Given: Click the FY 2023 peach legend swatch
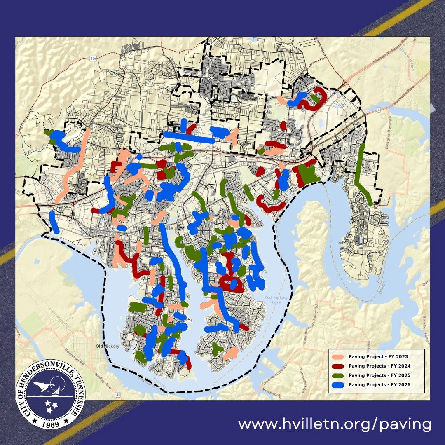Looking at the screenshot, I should [x=339, y=356].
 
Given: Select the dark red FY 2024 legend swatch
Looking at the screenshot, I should [x=339, y=366].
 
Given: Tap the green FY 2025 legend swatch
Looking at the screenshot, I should [x=339, y=375].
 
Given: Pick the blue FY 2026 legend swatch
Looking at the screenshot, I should [x=339, y=385].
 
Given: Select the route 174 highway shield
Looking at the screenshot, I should [x=93, y=59].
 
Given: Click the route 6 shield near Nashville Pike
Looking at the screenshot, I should [x=377, y=109].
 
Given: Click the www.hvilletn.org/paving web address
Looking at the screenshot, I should [x=335, y=424].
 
